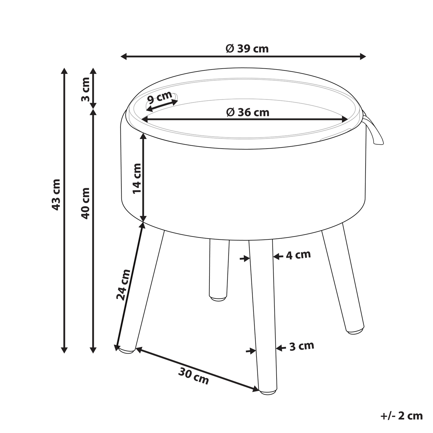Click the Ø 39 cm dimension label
pos(247,49)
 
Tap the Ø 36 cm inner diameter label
pos(248,112)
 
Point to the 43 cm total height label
pos(56,194)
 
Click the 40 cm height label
pos(85,203)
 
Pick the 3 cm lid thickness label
pos(85,89)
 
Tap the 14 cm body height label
pos(137,178)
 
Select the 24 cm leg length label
pos(123,284)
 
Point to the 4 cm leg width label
pos(298,255)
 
